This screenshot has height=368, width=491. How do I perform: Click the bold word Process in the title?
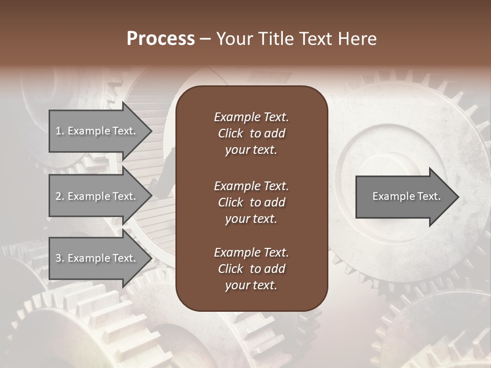coord(161,39)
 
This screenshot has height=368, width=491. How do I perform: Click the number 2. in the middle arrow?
coord(60,196)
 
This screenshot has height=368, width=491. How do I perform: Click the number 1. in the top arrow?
coord(60,131)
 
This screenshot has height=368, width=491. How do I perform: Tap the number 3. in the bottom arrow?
coord(60,258)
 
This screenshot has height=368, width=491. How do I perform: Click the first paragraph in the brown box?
coord(251,133)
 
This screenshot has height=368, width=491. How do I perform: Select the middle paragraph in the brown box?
coord(251,202)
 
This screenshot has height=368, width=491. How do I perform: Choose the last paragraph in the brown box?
coord(251,269)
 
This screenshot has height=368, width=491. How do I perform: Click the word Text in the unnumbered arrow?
coord(429,196)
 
